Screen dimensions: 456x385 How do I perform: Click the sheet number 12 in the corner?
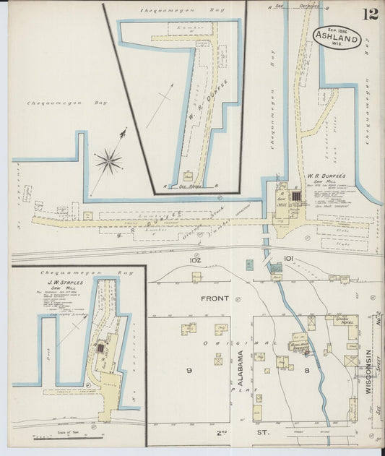(370, 14)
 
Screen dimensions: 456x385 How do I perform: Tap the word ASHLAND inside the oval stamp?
(337, 33)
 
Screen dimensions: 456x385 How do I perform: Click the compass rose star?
(108, 160)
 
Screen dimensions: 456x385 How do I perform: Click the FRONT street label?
(215, 298)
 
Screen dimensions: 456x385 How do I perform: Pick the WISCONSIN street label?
(368, 369)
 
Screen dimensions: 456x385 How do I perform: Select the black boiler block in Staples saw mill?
(100, 348)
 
